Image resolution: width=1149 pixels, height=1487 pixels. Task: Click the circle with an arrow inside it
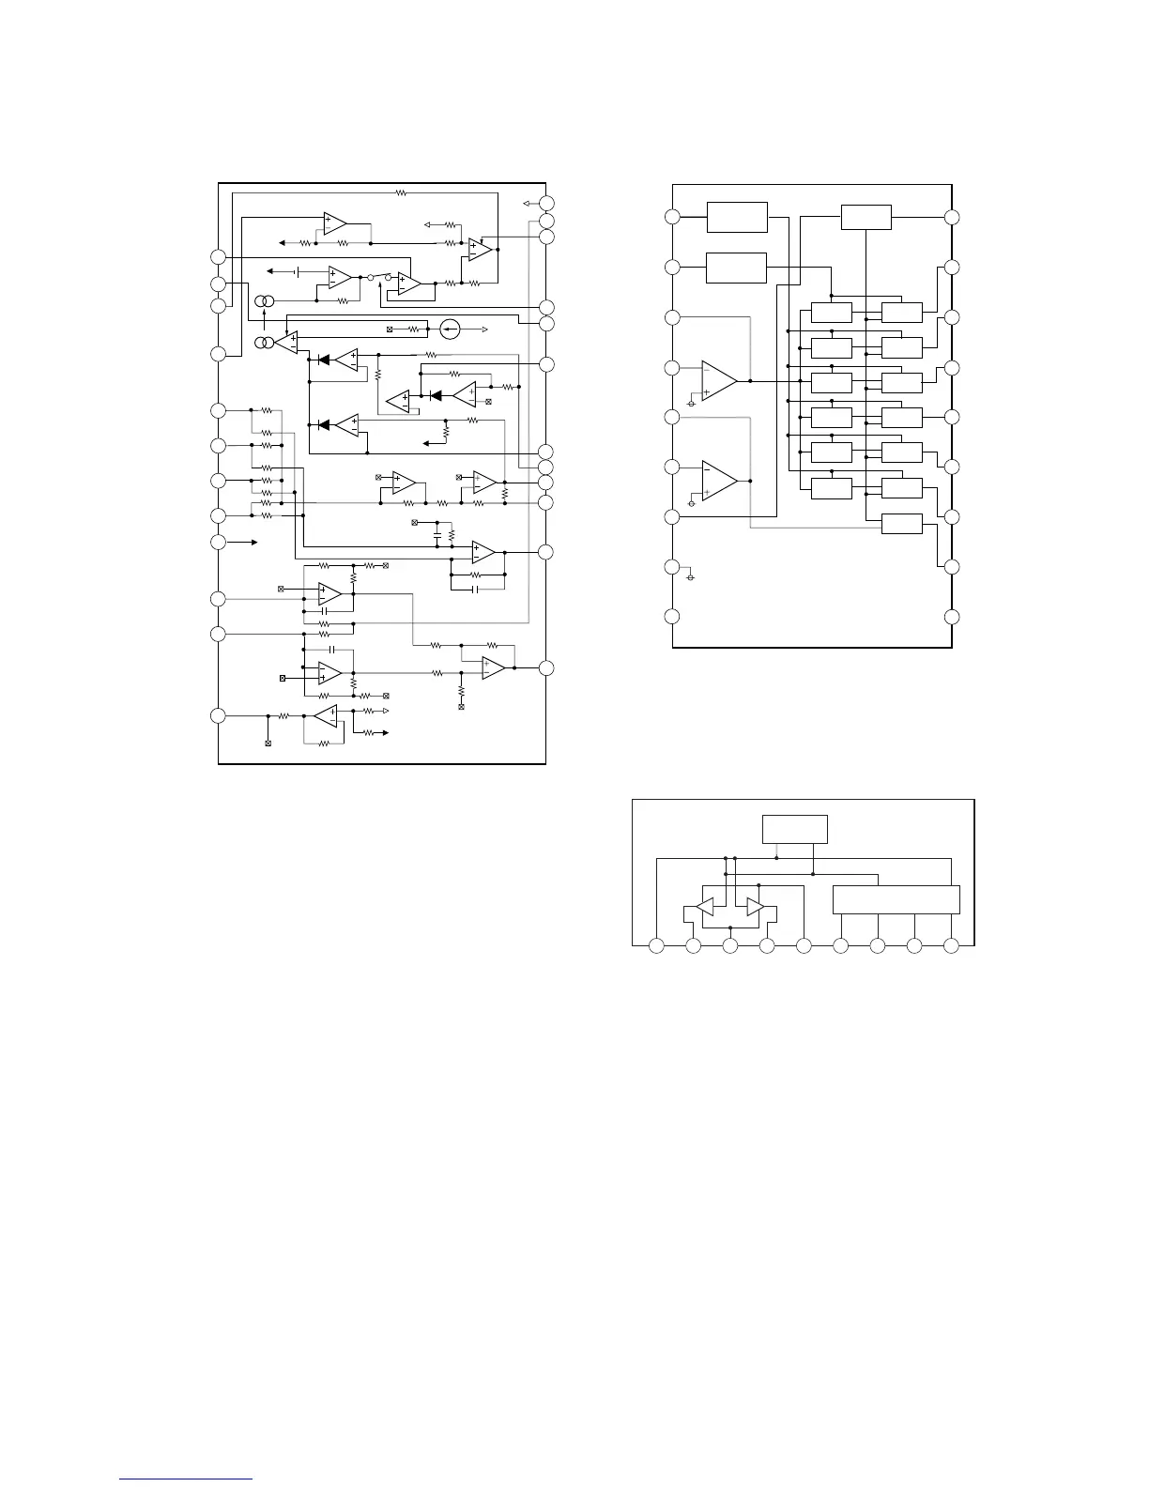(x=450, y=329)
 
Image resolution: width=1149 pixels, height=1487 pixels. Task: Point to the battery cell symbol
(x=298, y=271)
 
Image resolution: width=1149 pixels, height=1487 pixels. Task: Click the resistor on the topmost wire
(x=401, y=192)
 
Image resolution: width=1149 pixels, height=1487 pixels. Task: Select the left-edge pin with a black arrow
(x=219, y=543)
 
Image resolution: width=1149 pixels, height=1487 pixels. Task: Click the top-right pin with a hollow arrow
(x=548, y=203)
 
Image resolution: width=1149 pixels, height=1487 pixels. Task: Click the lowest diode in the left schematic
(x=324, y=424)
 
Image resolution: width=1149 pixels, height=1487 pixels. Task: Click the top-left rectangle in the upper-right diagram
(x=737, y=217)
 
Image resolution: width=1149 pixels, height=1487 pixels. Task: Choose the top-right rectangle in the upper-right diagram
(x=866, y=217)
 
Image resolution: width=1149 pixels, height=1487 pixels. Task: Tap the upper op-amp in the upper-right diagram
(x=720, y=381)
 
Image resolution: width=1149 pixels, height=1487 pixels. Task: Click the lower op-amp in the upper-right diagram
(x=720, y=480)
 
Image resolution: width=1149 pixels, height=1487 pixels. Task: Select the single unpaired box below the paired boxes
(x=902, y=524)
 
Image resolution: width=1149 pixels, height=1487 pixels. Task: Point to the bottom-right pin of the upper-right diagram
(x=952, y=617)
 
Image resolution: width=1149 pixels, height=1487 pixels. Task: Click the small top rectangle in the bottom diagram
(x=795, y=829)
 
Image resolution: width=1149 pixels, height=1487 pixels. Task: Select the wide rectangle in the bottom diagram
(x=896, y=899)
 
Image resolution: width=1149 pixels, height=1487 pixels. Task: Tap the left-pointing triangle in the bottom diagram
(x=703, y=908)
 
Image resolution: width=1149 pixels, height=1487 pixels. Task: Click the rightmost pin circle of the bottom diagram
(x=951, y=945)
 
